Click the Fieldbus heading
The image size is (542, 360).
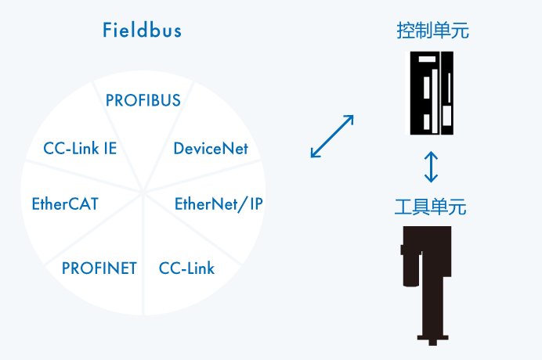pyautogui.click(x=142, y=31)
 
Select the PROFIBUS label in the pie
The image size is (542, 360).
pyautogui.click(x=143, y=100)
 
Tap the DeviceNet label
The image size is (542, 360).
pyautogui.click(x=211, y=149)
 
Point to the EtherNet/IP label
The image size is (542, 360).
pyautogui.click(x=219, y=204)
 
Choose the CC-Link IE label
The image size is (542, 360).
pyautogui.click(x=80, y=149)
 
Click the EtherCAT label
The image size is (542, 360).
pyautogui.click(x=65, y=204)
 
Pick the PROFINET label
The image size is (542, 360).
pyautogui.click(x=99, y=268)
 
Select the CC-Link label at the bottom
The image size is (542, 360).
pyautogui.click(x=186, y=268)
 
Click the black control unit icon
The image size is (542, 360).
pyautogui.click(x=431, y=93)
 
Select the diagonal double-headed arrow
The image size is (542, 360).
pyautogui.click(x=332, y=137)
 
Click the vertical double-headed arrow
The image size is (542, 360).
pyautogui.click(x=431, y=166)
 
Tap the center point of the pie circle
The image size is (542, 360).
pyautogui.click(x=143, y=189)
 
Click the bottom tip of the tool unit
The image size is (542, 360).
pyautogui.click(x=432, y=342)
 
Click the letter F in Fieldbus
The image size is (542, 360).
pyautogui.click(x=107, y=31)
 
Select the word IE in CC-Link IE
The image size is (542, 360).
pyautogui.click(x=110, y=149)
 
